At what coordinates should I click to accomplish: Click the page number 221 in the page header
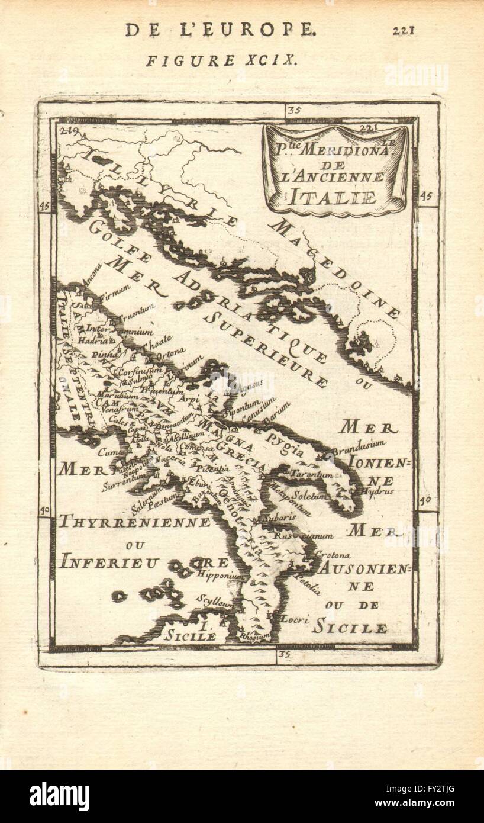[403, 30]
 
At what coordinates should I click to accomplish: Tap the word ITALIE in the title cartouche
[333, 197]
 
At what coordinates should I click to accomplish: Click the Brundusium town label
[359, 446]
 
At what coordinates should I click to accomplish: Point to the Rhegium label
[252, 637]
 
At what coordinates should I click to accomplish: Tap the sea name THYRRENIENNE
[134, 522]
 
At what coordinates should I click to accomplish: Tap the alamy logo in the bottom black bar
[59, 796]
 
